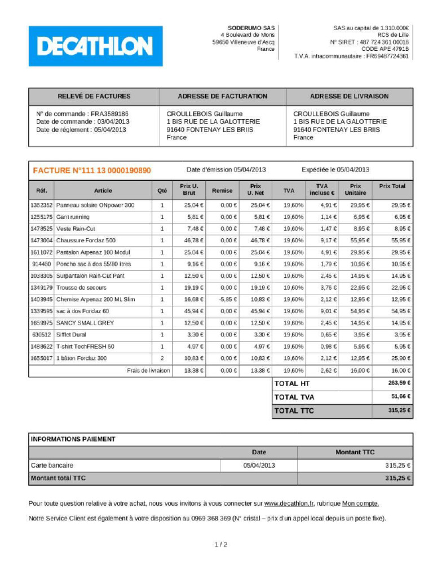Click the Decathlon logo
pos(95,46)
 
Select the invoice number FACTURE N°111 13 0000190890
pos(92,170)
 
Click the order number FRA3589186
pos(109,113)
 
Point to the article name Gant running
pos(73,217)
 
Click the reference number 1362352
pos(41,205)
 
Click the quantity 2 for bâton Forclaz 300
pos(162,358)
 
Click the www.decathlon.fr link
pos(289,503)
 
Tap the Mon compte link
pos(360,503)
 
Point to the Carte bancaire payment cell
pos(52,466)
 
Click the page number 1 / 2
pos(221,545)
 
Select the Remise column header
pos(222,191)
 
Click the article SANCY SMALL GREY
pos(85,323)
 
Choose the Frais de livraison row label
pos(148,370)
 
